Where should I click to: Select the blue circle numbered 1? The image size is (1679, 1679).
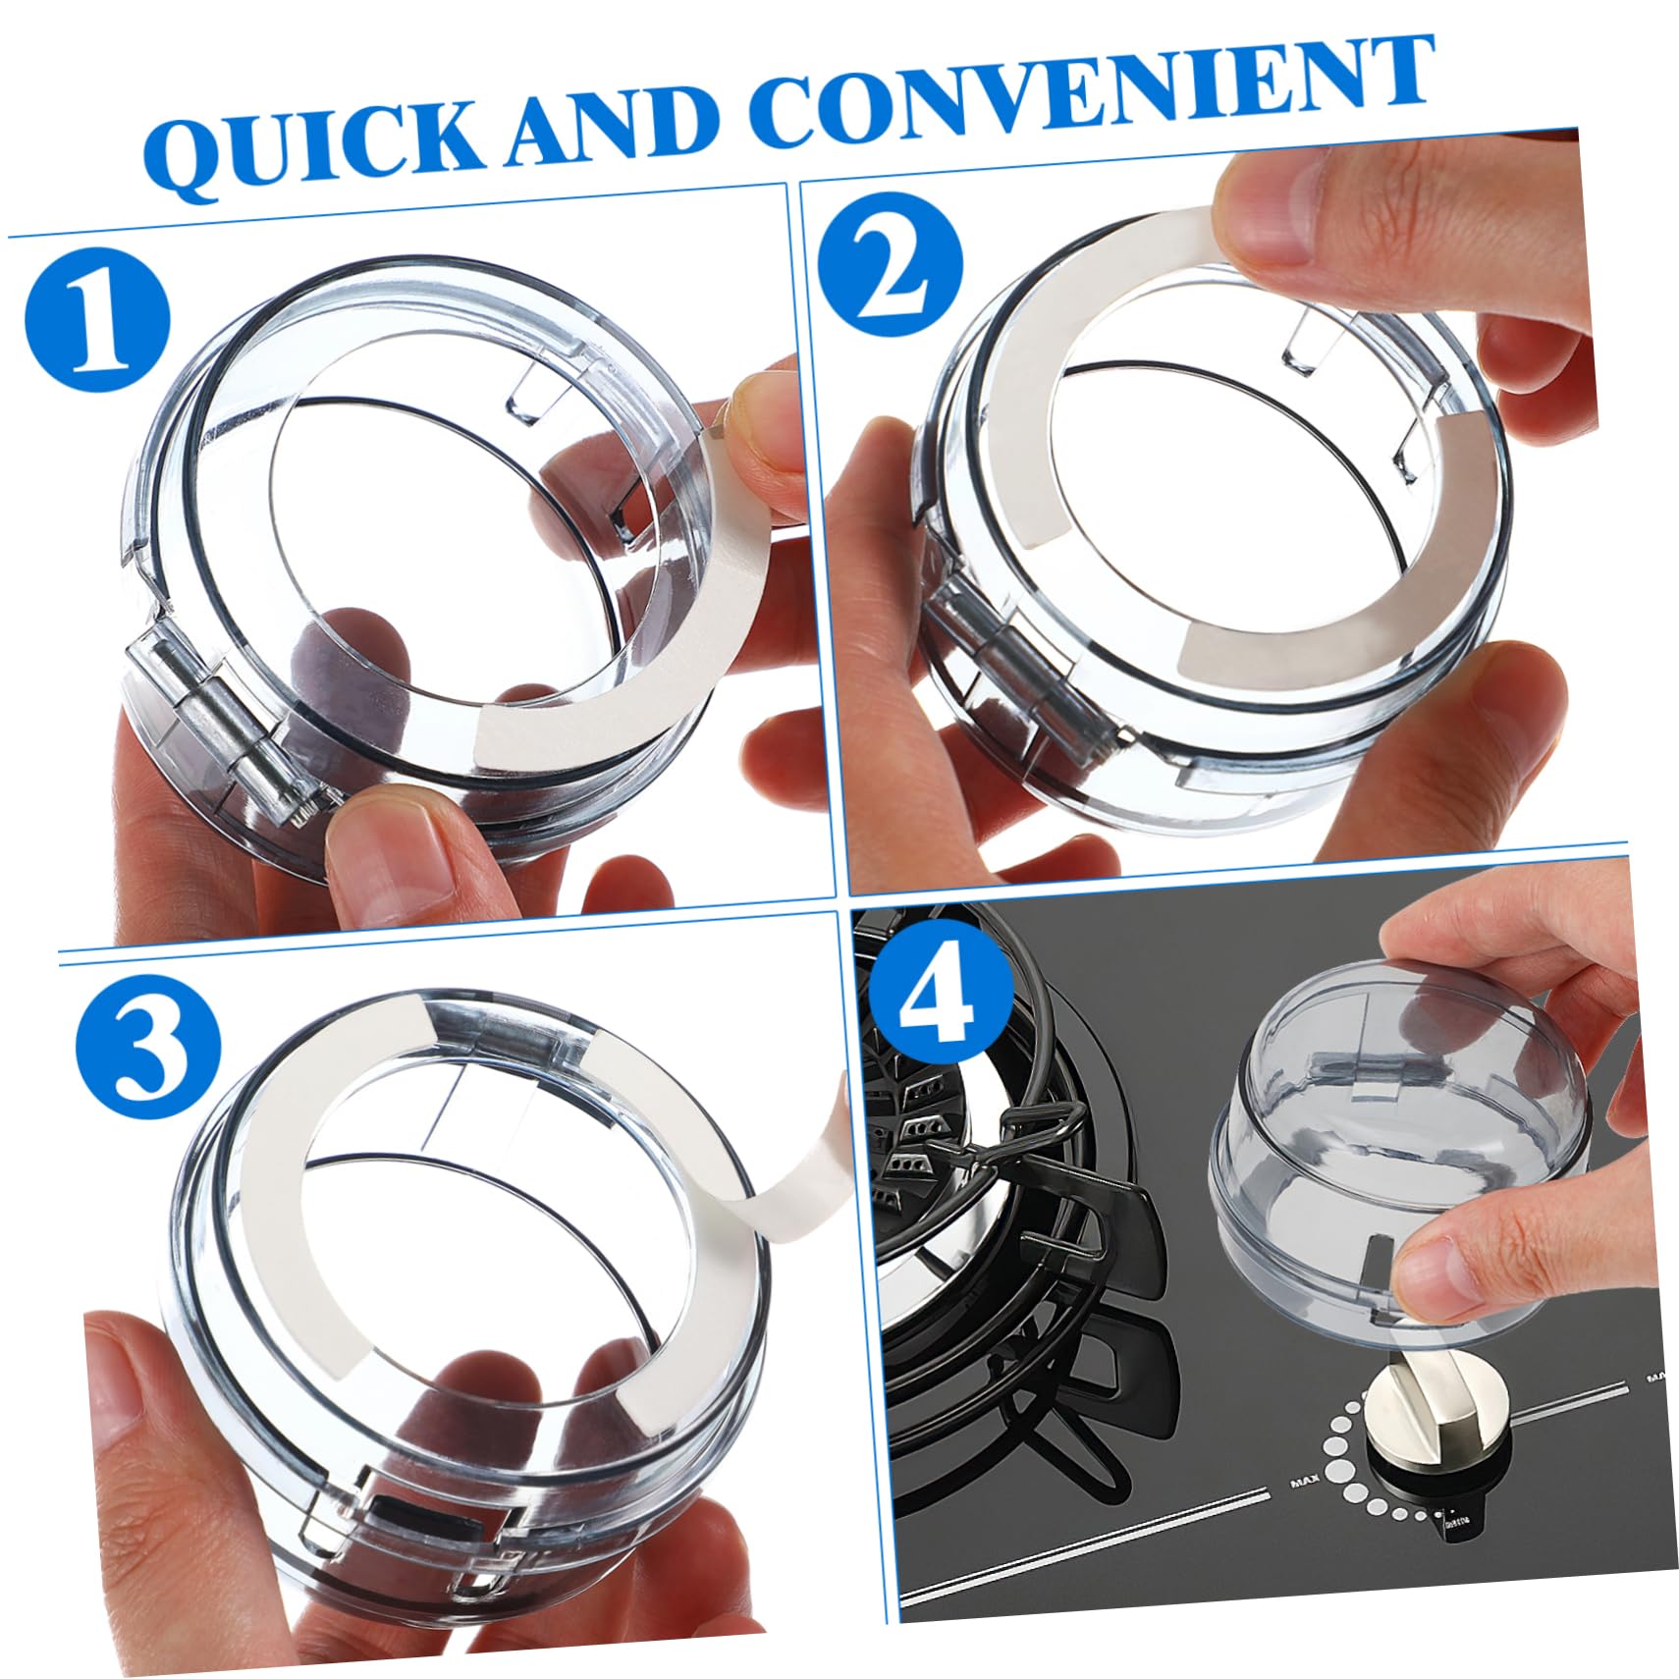97,320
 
